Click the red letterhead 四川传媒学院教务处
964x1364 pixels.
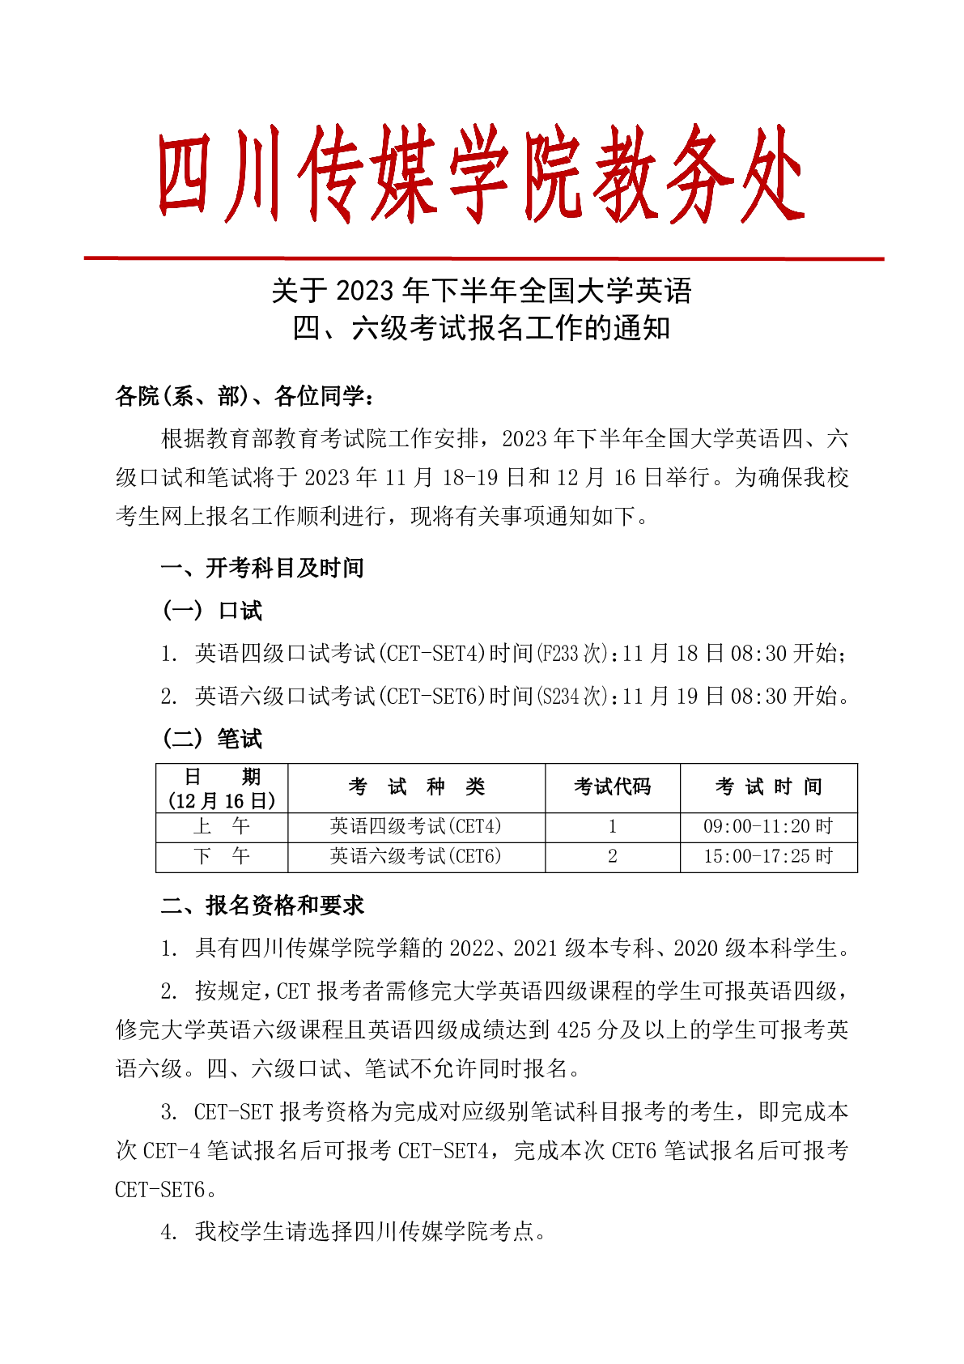[x=481, y=174]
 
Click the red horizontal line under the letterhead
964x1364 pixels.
[x=483, y=259]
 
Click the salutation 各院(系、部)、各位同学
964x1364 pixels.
[x=244, y=396]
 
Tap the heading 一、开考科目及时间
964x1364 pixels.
[x=262, y=568]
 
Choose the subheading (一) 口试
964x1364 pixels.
[x=213, y=611]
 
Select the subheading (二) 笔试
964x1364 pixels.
[x=213, y=739]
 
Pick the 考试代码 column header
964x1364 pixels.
[x=612, y=786]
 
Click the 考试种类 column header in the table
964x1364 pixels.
[x=416, y=786]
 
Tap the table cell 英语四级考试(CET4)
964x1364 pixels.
[x=416, y=826]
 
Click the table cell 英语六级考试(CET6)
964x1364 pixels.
[x=416, y=856]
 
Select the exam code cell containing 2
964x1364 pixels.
[x=612, y=856]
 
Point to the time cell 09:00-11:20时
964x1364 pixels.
[x=767, y=826]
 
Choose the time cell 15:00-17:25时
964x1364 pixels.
[x=767, y=856]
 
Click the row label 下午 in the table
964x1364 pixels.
[x=222, y=856]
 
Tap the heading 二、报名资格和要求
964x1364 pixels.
[x=262, y=906]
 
